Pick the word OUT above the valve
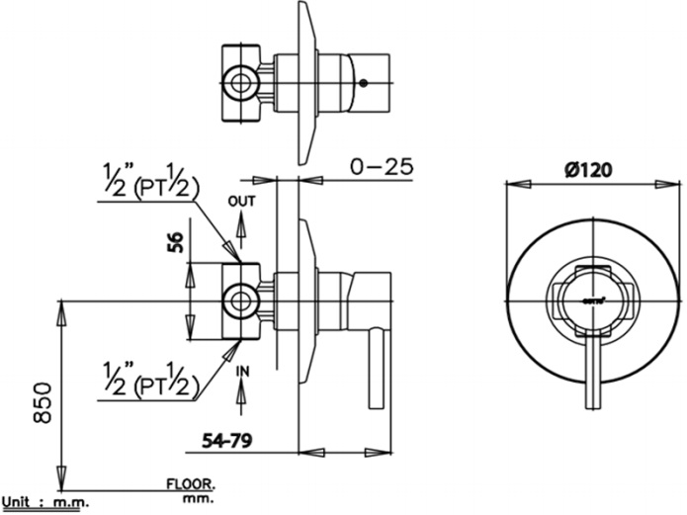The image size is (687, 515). click(x=241, y=202)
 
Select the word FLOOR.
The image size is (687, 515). click(x=191, y=484)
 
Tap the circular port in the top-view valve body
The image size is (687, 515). click(x=237, y=83)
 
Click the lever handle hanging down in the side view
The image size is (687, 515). click(x=376, y=371)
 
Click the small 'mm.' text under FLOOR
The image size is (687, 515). click(x=199, y=501)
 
